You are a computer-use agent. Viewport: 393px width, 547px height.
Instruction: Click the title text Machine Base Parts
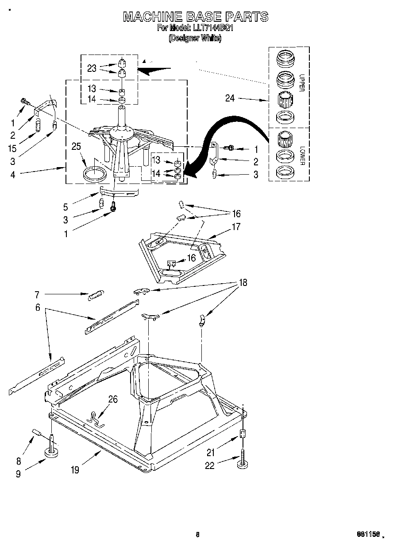pyautogui.click(x=195, y=16)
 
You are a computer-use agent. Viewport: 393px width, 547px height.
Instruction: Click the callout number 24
pyautogui.click(x=230, y=98)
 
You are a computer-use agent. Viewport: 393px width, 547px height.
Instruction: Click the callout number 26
pyautogui.click(x=113, y=400)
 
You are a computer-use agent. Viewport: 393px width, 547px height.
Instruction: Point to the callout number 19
pyautogui.click(x=75, y=470)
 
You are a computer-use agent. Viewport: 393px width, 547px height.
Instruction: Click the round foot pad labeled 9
pyautogui.click(x=52, y=452)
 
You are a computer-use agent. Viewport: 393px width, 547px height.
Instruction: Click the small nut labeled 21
pyautogui.click(x=242, y=434)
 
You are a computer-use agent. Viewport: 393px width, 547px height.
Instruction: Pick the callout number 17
pyautogui.click(x=236, y=227)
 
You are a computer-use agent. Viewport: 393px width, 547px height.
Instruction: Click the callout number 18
pyautogui.click(x=243, y=282)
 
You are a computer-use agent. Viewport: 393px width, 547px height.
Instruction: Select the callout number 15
pyautogui.click(x=13, y=148)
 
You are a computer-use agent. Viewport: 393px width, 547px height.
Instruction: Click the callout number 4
pyautogui.click(x=13, y=174)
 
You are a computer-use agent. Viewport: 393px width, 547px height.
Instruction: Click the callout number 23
pyautogui.click(x=92, y=68)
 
